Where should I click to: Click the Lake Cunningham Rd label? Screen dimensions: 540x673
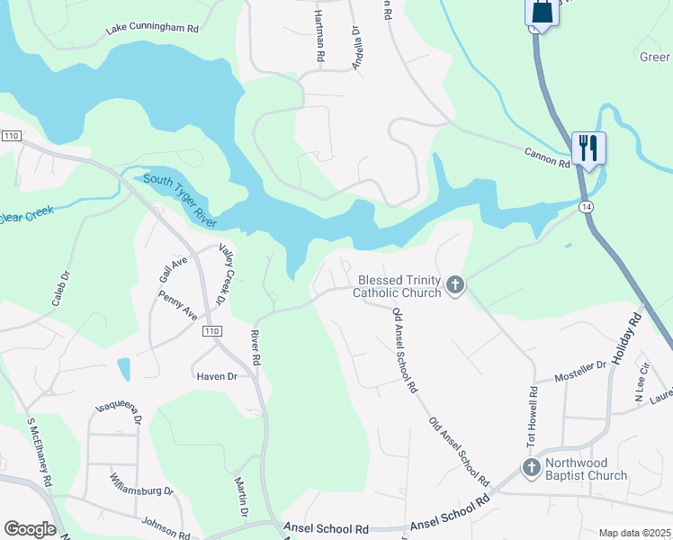[152, 29]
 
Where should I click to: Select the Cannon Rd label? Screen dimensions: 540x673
[548, 157]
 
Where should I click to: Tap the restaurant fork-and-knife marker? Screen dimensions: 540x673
[588, 147]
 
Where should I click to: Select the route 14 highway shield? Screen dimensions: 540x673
[587, 207]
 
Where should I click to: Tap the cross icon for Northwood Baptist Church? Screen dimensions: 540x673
[532, 468]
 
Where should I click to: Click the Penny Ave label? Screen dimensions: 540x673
[178, 305]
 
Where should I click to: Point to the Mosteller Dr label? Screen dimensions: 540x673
[580, 371]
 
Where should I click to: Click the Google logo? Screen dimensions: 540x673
[30, 529]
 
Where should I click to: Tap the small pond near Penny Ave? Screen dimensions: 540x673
[123, 369]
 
